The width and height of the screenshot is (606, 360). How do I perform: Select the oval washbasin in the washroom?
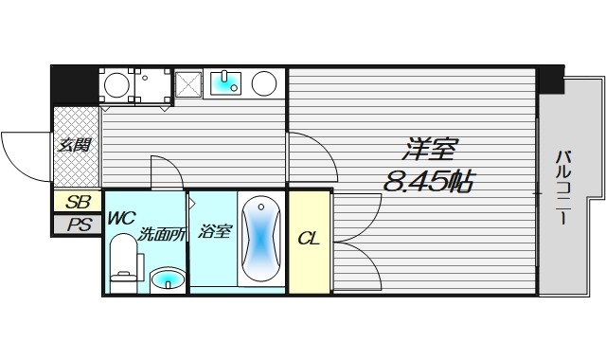[168, 279]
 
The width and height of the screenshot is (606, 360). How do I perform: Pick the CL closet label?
[309, 239]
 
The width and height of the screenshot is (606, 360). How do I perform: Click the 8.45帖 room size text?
[428, 180]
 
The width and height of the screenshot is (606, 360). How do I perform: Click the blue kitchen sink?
[225, 84]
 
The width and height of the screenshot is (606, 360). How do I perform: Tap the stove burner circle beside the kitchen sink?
[264, 84]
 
